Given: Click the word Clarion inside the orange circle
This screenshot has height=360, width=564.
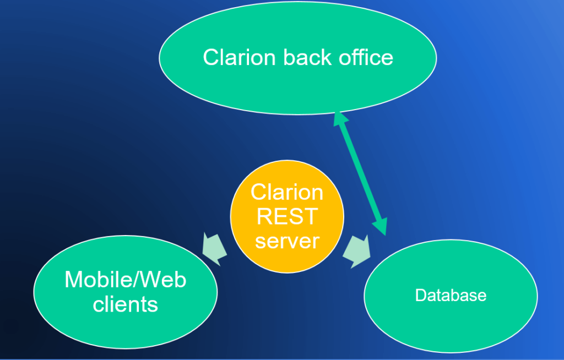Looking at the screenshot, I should pyautogui.click(x=287, y=192).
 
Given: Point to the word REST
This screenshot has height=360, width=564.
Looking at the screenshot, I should pyautogui.click(x=287, y=216).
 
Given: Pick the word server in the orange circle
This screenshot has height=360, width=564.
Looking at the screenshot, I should pyautogui.click(x=287, y=241).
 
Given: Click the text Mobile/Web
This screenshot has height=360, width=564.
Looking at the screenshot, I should pyautogui.click(x=126, y=280).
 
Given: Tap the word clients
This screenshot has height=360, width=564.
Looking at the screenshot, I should pyautogui.click(x=126, y=304).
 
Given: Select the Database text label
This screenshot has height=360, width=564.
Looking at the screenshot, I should pyautogui.click(x=451, y=295).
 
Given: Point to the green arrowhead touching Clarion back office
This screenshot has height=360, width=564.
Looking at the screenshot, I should pyautogui.click(x=340, y=118).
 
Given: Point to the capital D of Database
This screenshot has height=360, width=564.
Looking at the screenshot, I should pyautogui.click(x=420, y=295).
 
